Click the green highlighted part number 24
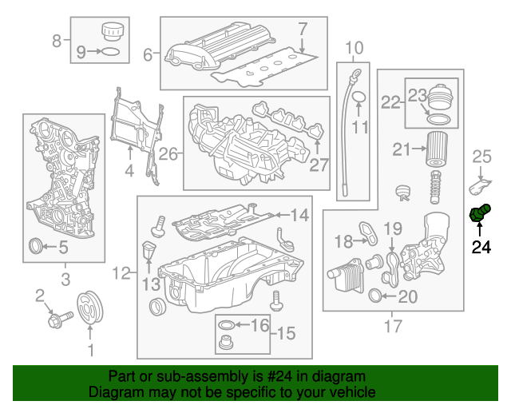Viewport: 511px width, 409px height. pyautogui.click(x=479, y=214)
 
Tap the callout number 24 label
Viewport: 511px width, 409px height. pyautogui.click(x=481, y=248)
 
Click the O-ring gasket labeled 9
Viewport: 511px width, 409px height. pyautogui.click(x=113, y=53)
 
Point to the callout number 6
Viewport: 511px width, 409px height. pyautogui.click(x=148, y=55)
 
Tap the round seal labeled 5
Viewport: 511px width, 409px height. pyautogui.click(x=37, y=246)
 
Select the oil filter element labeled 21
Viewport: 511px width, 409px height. pyautogui.click(x=436, y=150)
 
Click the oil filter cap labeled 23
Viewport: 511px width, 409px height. pyautogui.click(x=439, y=101)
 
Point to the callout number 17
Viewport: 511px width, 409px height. pyautogui.click(x=394, y=326)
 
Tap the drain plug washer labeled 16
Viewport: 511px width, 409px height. pyautogui.click(x=228, y=325)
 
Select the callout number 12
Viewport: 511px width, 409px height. pyautogui.click(x=121, y=274)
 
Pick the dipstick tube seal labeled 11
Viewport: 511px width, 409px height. pyautogui.click(x=358, y=98)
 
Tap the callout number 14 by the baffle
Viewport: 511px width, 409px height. pyautogui.click(x=299, y=215)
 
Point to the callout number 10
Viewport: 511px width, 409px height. pyautogui.click(x=354, y=47)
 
